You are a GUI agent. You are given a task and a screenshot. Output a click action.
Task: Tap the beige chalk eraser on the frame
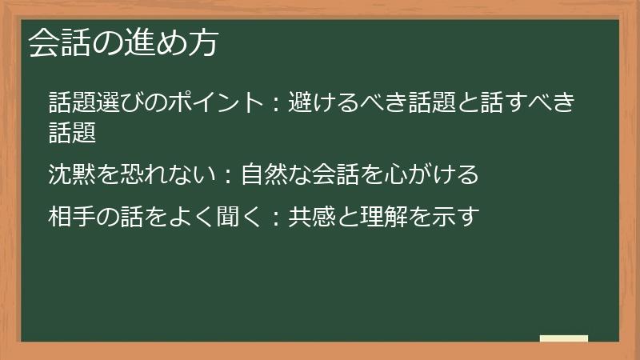tap(563, 338)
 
